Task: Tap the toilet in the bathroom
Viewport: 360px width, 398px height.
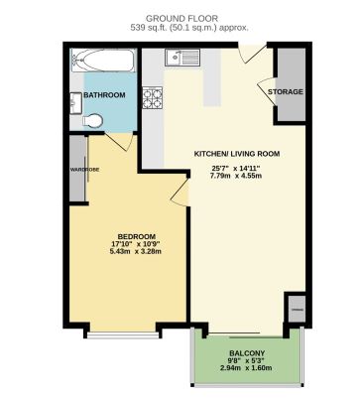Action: tap(94, 120)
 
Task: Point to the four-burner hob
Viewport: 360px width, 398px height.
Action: tap(154, 98)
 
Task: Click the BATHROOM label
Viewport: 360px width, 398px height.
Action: tap(104, 94)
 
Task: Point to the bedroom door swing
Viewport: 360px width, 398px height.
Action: tap(180, 184)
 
